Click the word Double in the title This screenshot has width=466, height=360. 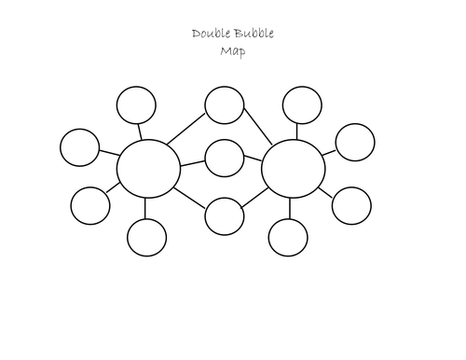[x=212, y=34]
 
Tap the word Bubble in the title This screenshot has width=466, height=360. [x=254, y=34]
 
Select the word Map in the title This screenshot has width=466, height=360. [x=233, y=51]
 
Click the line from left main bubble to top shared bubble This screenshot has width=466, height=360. [x=186, y=129]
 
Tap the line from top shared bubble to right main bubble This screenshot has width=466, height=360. [x=258, y=127]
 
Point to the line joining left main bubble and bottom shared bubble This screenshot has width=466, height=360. [x=189, y=198]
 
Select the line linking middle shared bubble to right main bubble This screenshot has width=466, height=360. [x=253, y=159]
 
